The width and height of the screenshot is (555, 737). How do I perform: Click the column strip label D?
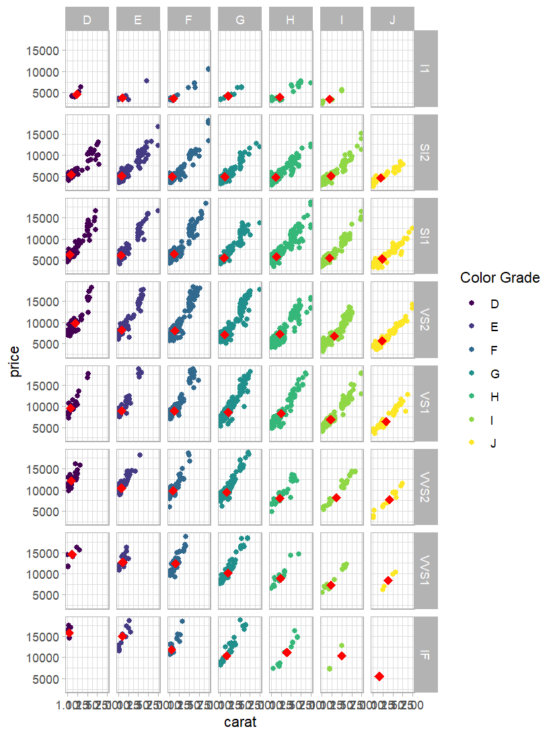click(87, 20)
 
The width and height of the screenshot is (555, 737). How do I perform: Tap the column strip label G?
click(239, 20)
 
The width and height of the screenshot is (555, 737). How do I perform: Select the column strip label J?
click(392, 20)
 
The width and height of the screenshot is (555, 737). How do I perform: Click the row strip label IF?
click(426, 654)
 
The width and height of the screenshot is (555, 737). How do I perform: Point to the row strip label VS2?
click(426, 320)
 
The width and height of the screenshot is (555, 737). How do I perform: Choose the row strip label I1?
click(426, 69)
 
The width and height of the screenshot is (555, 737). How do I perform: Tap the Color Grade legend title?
click(499, 277)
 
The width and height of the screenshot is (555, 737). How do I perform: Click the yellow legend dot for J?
click(471, 443)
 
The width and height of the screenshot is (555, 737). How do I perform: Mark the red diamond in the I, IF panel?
click(342, 656)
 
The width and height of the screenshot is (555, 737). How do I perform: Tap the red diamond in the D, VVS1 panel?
click(72, 555)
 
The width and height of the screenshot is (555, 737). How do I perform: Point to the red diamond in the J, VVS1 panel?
click(388, 580)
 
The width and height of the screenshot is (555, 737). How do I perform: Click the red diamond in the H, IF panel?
click(287, 652)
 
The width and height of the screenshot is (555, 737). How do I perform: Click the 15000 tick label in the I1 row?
click(42, 50)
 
